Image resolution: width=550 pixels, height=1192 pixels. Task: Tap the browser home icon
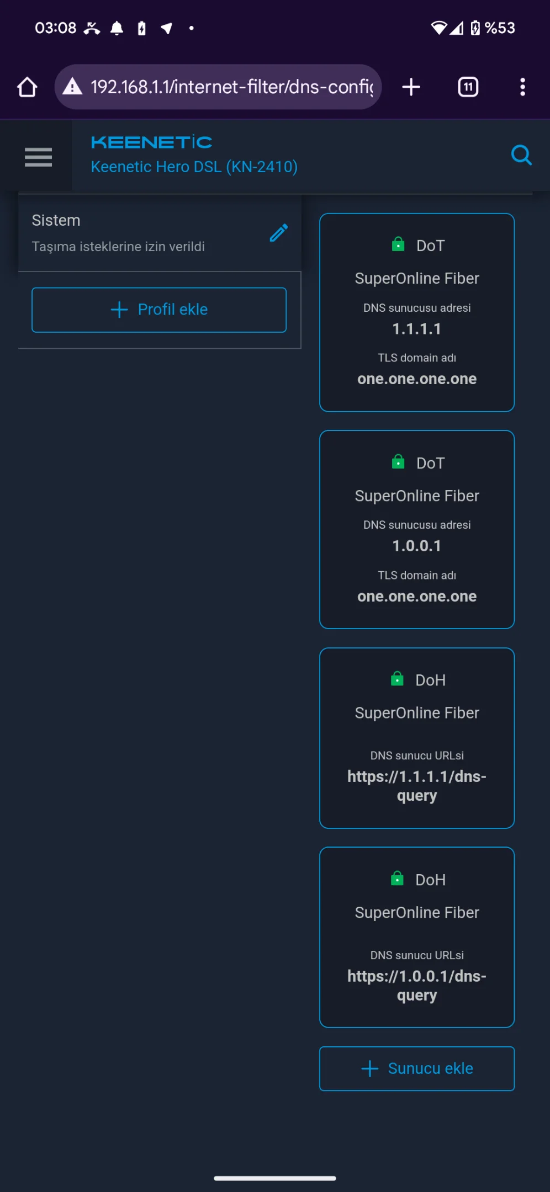pos(27,87)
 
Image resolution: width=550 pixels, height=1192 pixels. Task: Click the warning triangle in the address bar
pos(72,87)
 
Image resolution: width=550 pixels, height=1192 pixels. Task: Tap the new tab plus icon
pos(411,87)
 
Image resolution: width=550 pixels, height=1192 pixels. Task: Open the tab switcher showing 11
pos(468,87)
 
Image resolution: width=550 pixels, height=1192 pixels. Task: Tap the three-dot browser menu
pos(522,87)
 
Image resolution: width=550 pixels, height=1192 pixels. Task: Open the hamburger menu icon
pos(39,157)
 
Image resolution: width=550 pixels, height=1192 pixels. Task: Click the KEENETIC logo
pos(151,142)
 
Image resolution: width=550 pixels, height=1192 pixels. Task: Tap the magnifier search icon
pos(521,156)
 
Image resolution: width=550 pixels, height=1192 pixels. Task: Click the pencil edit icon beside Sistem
pos(279,233)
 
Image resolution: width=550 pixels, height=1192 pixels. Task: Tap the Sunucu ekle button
pos(417,1068)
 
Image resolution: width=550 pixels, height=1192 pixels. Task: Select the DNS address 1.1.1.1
pos(417,329)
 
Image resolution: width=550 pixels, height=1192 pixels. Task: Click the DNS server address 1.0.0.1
pos(417,546)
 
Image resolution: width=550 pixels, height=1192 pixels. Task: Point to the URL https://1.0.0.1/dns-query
pos(417,986)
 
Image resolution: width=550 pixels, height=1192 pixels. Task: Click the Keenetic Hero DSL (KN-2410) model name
pos(194,167)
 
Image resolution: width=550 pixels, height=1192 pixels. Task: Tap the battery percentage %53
pos(500,28)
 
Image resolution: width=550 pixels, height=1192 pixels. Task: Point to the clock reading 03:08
pos(56,28)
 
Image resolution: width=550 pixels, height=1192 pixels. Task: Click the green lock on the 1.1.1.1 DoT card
pos(398,244)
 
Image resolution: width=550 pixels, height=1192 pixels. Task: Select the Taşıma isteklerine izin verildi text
pos(118,247)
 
